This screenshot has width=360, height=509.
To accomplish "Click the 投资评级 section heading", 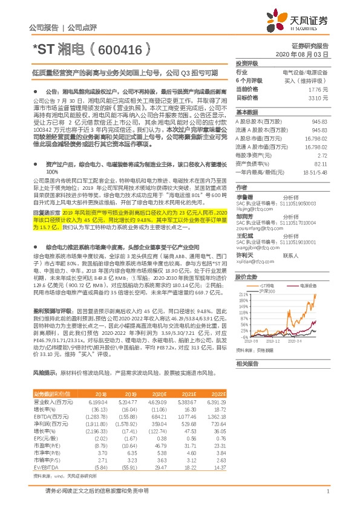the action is click(x=247, y=63).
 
